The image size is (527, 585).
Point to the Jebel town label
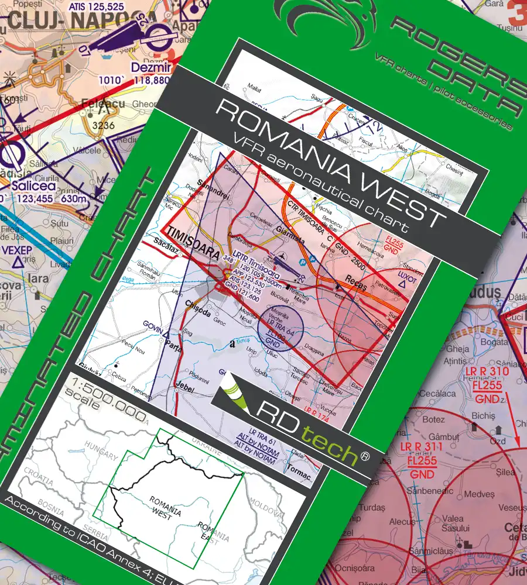(x=174, y=389)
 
